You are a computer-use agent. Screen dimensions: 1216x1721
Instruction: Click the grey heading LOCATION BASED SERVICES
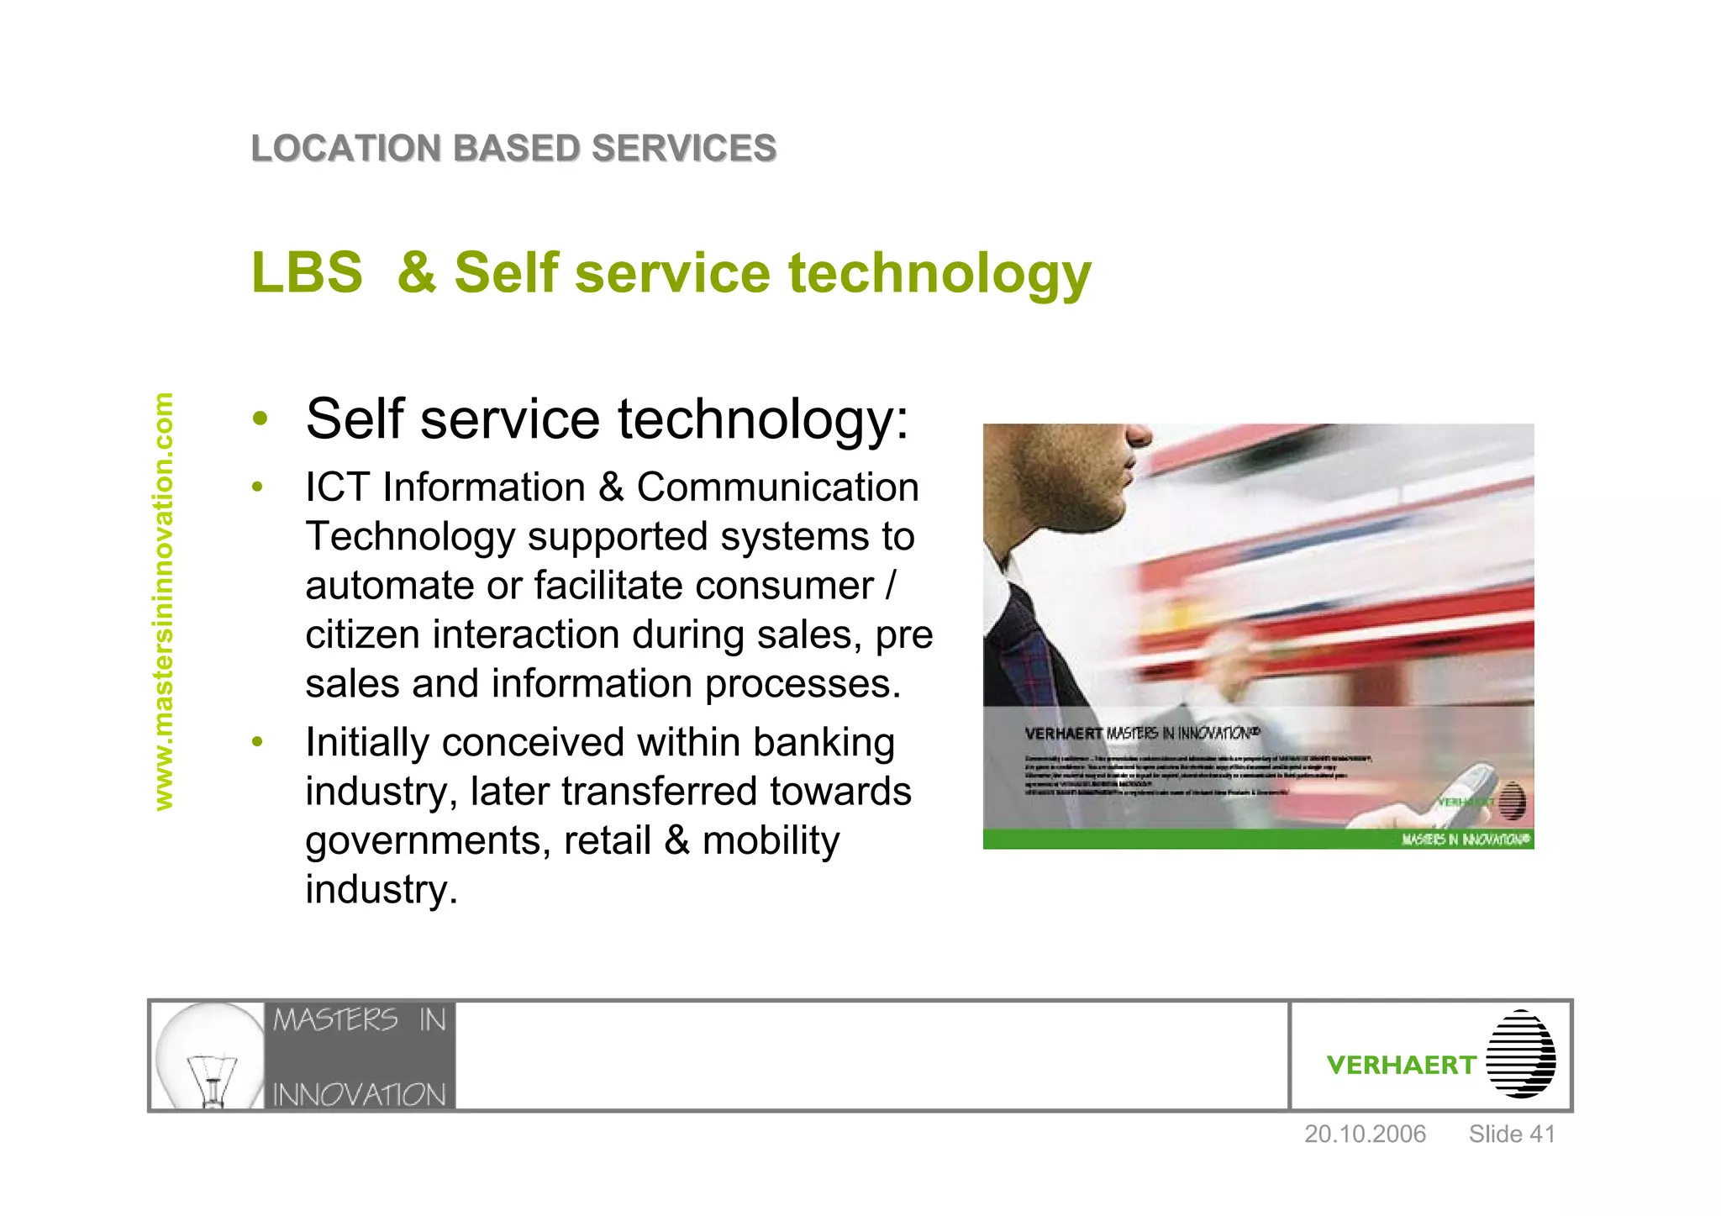coord(513,149)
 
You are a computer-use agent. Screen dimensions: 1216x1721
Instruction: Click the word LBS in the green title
coord(307,273)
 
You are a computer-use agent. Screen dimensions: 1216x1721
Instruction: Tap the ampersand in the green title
coord(417,273)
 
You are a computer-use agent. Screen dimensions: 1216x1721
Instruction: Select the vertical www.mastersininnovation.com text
coord(164,602)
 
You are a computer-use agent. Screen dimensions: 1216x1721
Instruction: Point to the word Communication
coord(777,487)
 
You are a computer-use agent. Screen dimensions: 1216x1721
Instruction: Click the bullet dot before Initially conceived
coord(258,741)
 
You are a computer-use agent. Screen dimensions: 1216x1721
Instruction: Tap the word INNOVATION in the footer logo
coord(359,1095)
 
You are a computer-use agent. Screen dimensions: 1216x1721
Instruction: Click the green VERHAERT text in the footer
coord(1401,1066)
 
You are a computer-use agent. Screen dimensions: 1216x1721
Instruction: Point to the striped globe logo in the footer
coord(1521,1055)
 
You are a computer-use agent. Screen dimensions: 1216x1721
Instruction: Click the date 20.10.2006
coord(1365,1134)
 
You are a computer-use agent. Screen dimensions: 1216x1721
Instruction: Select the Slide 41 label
coord(1512,1134)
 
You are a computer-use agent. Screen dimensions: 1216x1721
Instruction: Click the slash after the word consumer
coord(891,586)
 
